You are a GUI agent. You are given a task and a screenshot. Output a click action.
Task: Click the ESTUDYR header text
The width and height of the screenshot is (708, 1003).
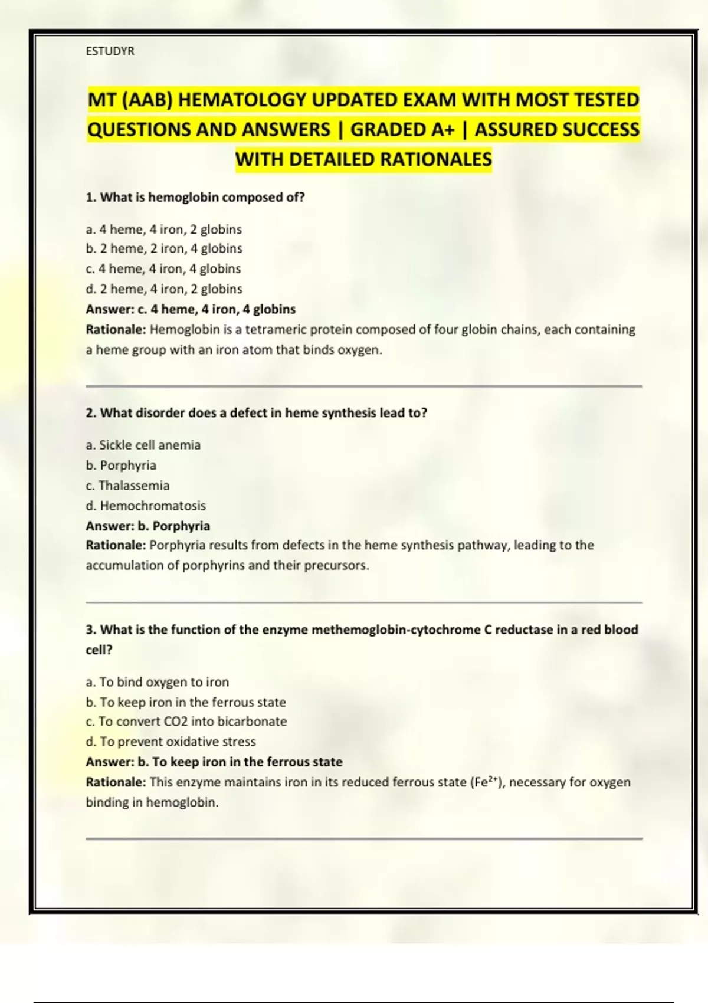point(110,51)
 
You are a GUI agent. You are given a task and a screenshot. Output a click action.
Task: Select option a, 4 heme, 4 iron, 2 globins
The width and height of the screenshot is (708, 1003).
point(163,229)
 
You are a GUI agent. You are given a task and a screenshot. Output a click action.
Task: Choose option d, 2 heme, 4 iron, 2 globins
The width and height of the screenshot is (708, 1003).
point(163,289)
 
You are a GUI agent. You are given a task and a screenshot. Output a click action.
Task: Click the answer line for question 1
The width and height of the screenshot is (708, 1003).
point(191,309)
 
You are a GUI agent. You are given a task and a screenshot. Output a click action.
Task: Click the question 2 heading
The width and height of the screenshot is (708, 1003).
point(256,413)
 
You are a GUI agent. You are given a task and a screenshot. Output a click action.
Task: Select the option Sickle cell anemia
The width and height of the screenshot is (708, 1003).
point(143,445)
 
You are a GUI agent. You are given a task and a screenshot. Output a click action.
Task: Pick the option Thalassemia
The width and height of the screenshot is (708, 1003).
point(127,486)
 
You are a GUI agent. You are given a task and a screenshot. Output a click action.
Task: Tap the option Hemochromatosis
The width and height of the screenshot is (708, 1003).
point(146,506)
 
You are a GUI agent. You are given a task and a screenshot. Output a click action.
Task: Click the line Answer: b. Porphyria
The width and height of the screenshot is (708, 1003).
point(147,526)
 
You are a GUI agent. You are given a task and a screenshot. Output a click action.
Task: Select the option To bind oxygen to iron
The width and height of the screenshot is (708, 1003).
point(157,682)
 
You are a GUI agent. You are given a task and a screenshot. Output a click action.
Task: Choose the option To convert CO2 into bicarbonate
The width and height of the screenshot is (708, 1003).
point(186,722)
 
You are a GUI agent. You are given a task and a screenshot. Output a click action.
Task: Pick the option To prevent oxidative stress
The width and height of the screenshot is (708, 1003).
point(171,742)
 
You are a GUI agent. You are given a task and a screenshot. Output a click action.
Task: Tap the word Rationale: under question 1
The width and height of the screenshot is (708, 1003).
point(116,329)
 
